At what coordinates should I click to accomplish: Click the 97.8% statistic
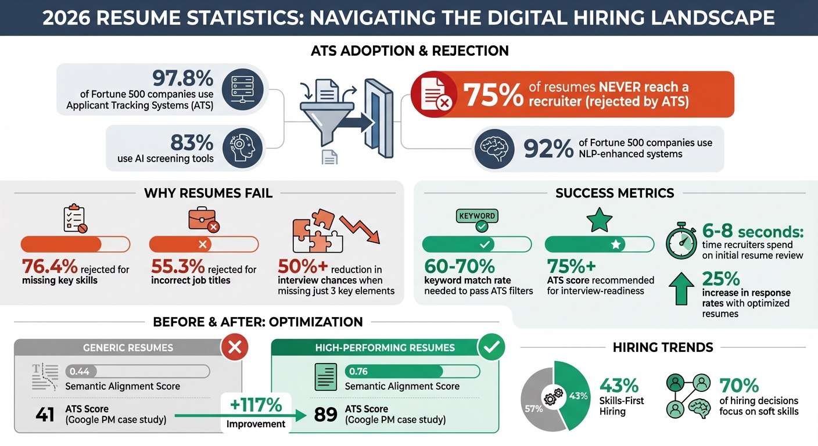point(182,78)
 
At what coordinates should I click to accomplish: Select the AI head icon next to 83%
point(242,149)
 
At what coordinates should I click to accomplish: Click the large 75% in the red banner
point(493,95)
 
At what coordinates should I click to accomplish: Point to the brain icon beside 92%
point(494,149)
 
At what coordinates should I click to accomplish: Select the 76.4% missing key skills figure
point(49,267)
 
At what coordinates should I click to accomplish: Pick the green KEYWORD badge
point(477,216)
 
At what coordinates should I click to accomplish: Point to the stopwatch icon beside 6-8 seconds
point(681,243)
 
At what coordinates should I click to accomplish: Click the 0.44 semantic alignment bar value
point(79,371)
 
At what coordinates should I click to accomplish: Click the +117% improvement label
point(256,405)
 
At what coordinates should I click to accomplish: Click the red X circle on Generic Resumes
point(235,348)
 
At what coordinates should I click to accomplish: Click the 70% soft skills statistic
point(739,385)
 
